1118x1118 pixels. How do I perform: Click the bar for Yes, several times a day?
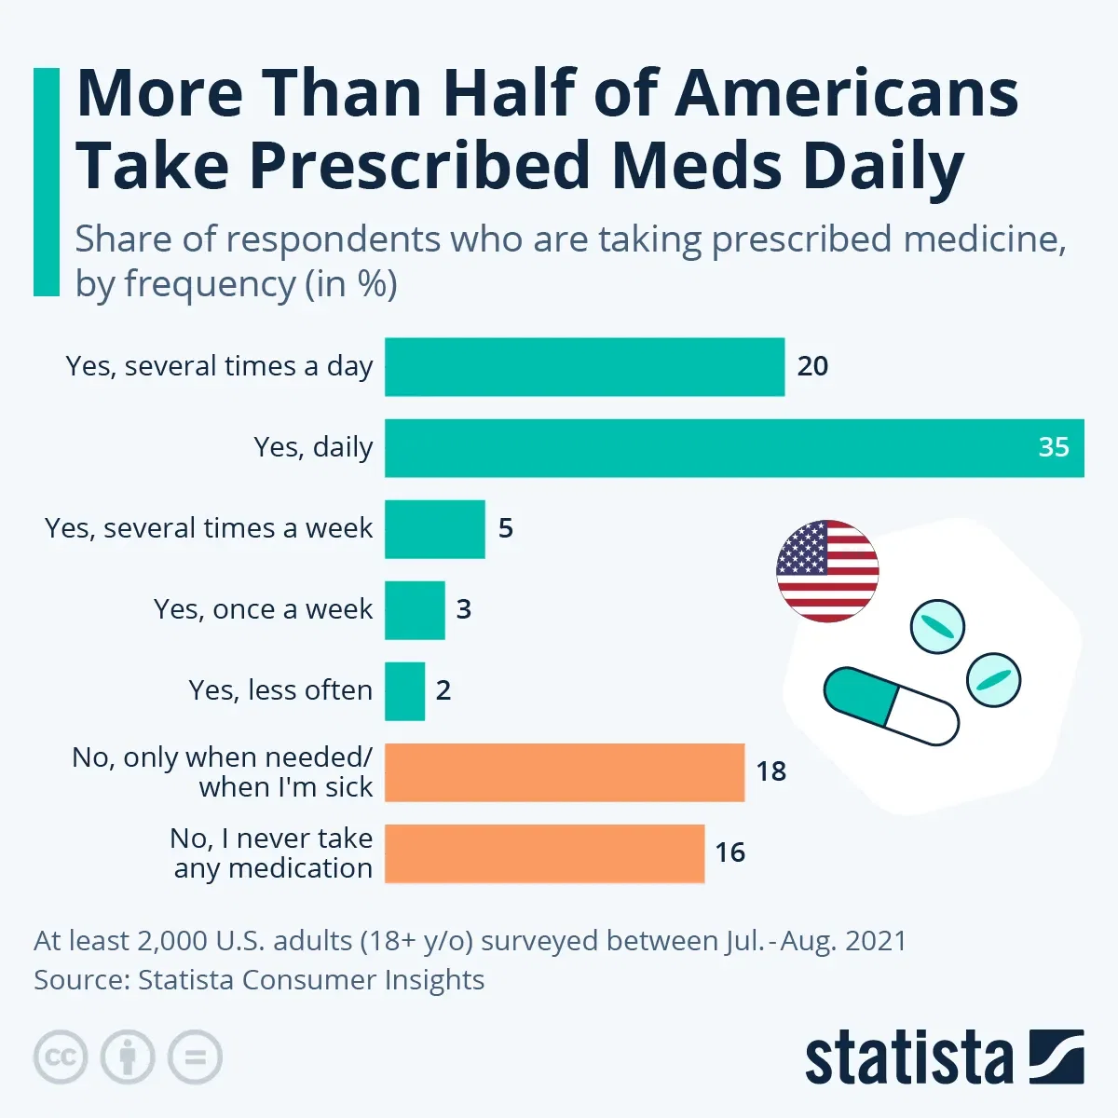click(x=584, y=367)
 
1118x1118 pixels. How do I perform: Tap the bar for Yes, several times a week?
click(x=435, y=529)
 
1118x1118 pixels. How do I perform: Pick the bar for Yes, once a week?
click(x=415, y=610)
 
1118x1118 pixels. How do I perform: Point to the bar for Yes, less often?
click(x=405, y=691)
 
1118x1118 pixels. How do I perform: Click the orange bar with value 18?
click(x=565, y=772)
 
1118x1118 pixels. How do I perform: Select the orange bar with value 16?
click(x=544, y=853)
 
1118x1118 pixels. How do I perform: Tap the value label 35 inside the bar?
click(x=1054, y=447)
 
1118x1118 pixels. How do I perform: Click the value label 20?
click(x=812, y=366)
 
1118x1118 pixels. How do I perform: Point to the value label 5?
click(x=506, y=528)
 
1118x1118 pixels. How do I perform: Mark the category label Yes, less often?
click(x=280, y=690)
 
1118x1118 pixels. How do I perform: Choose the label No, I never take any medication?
click(x=272, y=853)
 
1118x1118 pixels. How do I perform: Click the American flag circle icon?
click(x=827, y=571)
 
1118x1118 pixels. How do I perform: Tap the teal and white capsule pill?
click(x=891, y=706)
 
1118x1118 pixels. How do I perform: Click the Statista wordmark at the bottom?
click(x=909, y=1058)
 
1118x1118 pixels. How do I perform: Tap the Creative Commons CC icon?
click(x=61, y=1057)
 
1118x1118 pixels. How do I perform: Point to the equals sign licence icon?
click(x=195, y=1057)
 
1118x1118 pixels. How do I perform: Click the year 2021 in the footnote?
click(x=875, y=941)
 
